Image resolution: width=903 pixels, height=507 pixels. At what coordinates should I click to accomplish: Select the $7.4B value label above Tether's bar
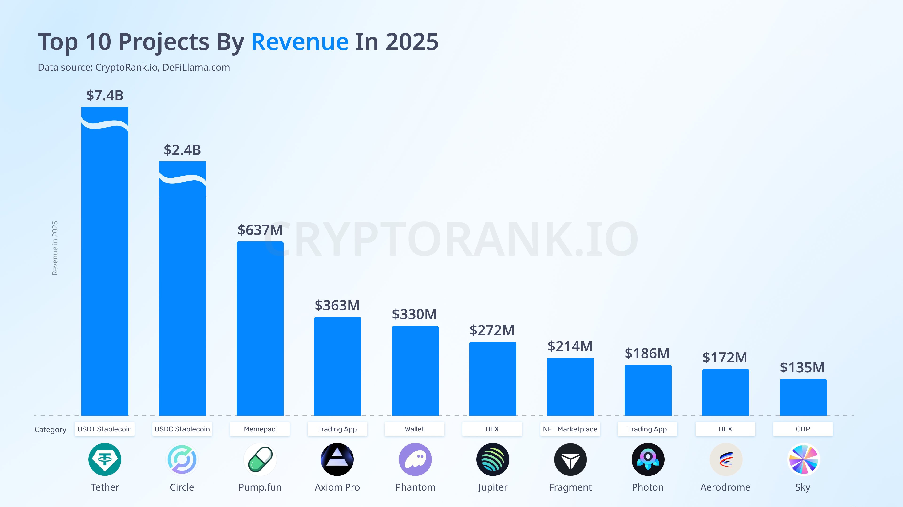pos(105,95)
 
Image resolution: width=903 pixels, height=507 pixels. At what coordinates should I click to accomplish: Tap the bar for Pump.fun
pos(260,328)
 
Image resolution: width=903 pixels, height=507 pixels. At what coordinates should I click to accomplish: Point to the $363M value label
pos(337,305)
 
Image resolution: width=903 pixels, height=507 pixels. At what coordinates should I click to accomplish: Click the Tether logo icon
pos(105,459)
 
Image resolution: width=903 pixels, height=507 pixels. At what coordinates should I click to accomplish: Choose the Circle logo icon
pos(182,459)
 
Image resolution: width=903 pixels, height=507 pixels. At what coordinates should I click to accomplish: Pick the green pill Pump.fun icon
pos(260,459)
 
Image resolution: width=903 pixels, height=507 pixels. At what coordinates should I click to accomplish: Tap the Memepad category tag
pos(260,429)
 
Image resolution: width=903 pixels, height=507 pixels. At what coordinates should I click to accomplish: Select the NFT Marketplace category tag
pos(570,429)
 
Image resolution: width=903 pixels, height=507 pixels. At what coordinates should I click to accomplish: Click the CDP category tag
pos(803,429)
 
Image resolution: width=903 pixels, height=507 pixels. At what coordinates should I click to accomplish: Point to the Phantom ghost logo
pos(415,459)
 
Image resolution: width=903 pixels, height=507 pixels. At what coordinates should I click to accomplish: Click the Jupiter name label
pos(492,487)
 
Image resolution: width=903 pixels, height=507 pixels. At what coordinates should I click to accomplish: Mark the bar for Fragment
pos(570,387)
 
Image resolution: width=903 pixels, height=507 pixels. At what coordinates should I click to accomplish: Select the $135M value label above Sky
pos(802,367)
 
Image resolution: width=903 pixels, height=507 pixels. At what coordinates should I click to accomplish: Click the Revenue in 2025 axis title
pos(55,248)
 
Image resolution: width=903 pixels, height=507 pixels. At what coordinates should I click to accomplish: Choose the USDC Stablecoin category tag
pos(182,429)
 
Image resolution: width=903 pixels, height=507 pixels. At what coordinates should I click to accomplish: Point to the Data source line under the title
pos(134,67)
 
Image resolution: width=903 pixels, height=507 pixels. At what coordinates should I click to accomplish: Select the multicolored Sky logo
pos(803,459)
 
